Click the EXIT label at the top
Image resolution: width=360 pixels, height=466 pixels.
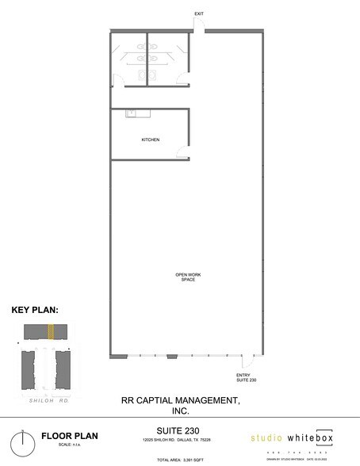[198, 14]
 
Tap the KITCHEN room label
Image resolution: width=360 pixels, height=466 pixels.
[150, 139]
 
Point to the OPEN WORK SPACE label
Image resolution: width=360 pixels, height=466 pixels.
[188, 277]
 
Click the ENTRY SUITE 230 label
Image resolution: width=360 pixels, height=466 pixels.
[247, 378]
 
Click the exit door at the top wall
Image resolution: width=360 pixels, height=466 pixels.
[198, 29]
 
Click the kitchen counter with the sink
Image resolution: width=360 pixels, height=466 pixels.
[138, 113]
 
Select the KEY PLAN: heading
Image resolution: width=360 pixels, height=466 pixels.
[35, 311]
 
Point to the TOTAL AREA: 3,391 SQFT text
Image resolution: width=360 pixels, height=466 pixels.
[180, 460]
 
